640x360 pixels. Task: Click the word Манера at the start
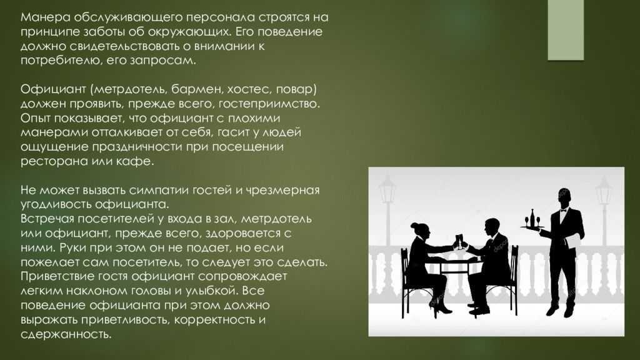coord(41,17)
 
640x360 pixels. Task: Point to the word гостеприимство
coord(269,104)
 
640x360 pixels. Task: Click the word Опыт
coord(36,119)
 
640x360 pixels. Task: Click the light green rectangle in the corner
coord(566,30)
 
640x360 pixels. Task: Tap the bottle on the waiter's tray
coord(532,217)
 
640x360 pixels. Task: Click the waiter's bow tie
coord(564,211)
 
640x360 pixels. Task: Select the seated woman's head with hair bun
coord(420,231)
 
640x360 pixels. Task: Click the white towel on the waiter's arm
coord(574,240)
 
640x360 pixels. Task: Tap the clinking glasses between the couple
coord(459,241)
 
